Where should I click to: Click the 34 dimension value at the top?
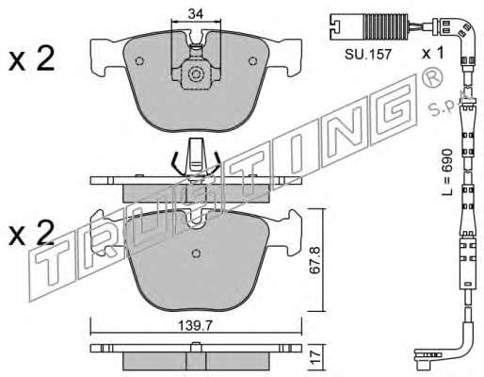pos(196,14)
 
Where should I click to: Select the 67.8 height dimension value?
pos(315,261)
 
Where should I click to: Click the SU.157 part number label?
pos(368,55)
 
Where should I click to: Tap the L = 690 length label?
pos(447,172)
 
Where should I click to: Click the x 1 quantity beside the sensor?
pos(432,53)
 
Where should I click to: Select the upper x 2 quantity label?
pos(31,58)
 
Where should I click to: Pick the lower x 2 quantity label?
pos(31,232)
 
